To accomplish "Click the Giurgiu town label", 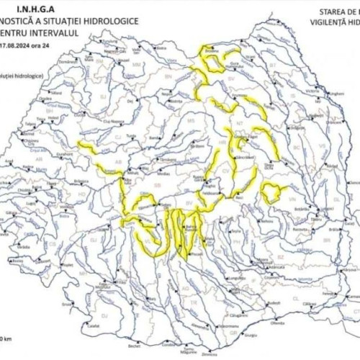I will pyautogui.click(x=250, y=335).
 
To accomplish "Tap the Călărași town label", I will pyautogui.click(x=310, y=304).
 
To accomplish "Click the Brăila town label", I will pyautogui.click(x=333, y=229).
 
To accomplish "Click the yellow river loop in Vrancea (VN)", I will pyautogui.click(x=271, y=193).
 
